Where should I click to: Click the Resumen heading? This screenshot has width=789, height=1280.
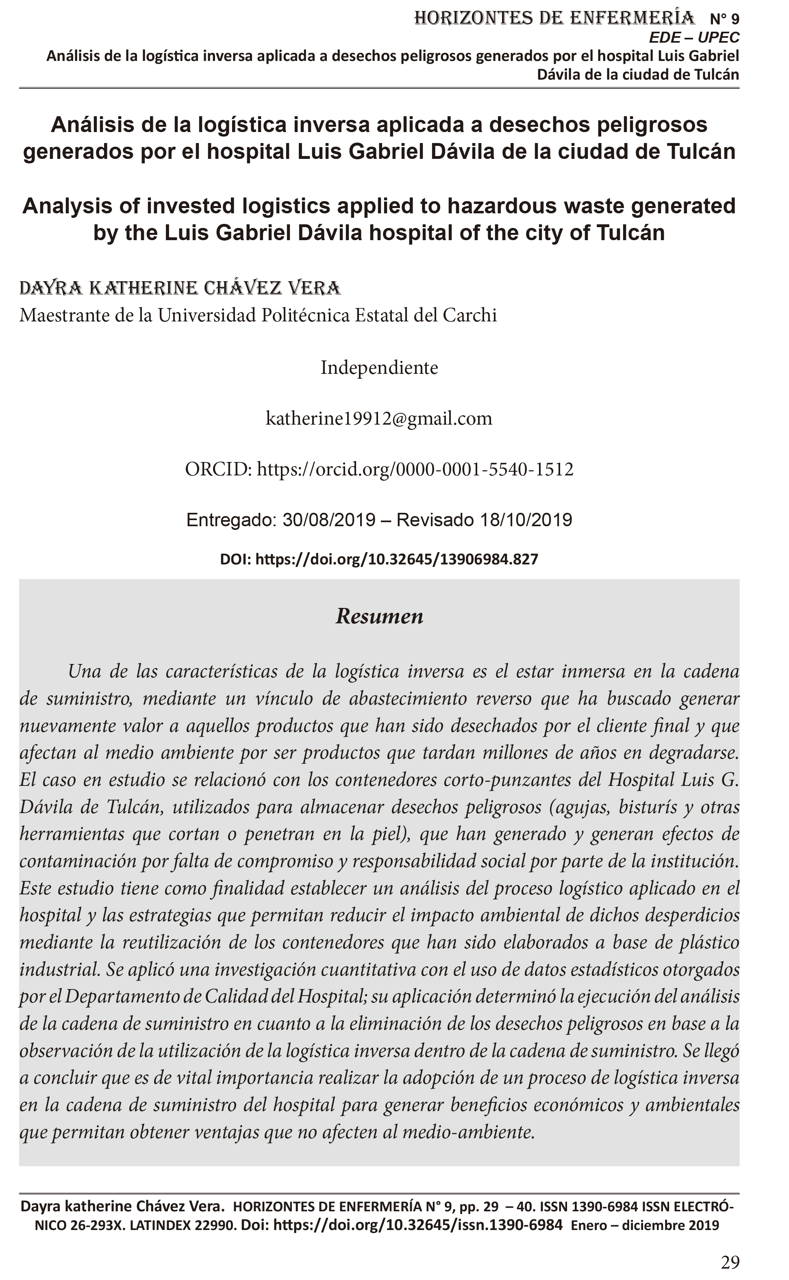379,616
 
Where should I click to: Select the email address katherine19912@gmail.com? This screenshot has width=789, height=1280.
379,418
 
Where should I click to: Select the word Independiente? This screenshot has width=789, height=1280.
379,368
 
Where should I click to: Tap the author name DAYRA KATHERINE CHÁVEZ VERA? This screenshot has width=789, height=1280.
180,288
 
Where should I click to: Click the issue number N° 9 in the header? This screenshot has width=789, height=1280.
724,19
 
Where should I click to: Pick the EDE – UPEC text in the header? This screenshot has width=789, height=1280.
694,37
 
